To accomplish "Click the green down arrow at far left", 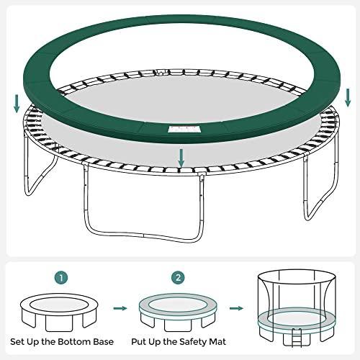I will [16, 104].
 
